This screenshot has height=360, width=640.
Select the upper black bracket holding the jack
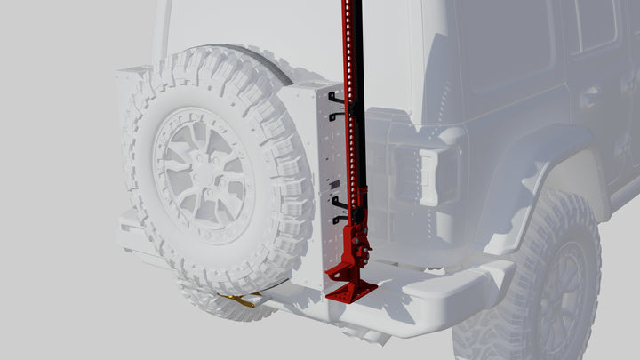coord(337,104)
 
